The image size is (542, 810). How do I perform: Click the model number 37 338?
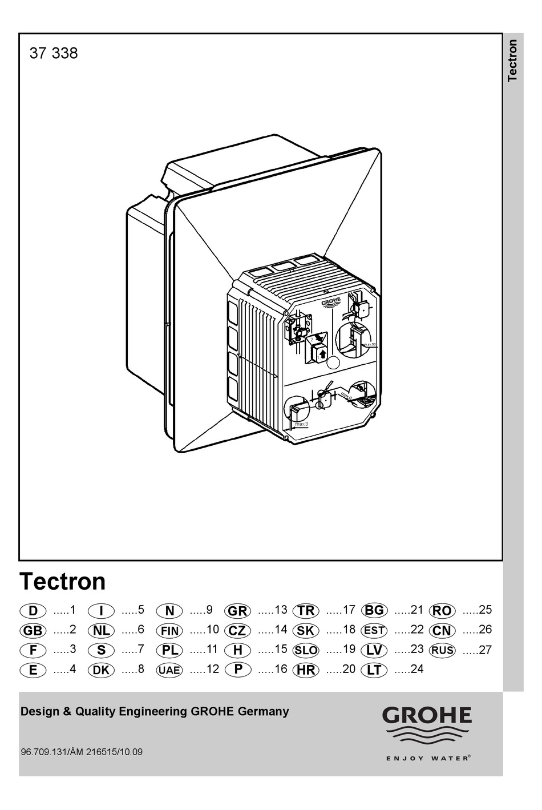click(53, 54)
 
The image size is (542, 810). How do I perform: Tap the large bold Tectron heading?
click(63, 582)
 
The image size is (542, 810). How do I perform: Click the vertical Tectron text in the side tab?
click(512, 60)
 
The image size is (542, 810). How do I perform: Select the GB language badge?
click(33, 631)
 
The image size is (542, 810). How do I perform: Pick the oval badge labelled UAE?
click(169, 670)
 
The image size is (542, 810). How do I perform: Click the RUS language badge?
click(442, 650)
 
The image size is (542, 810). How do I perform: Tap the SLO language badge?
click(305, 650)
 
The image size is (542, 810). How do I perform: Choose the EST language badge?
click(374, 631)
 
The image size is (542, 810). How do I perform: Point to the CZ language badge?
click(237, 631)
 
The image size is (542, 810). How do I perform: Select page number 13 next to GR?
click(280, 610)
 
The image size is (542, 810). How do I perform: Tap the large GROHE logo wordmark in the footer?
click(427, 715)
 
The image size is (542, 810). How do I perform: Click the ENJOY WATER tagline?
click(428, 758)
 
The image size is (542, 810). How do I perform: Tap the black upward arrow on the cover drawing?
click(322, 354)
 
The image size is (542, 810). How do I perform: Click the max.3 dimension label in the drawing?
click(301, 424)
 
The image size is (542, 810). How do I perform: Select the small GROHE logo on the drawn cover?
click(331, 303)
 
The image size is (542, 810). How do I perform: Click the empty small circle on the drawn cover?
click(333, 361)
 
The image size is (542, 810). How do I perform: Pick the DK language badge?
click(101, 670)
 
